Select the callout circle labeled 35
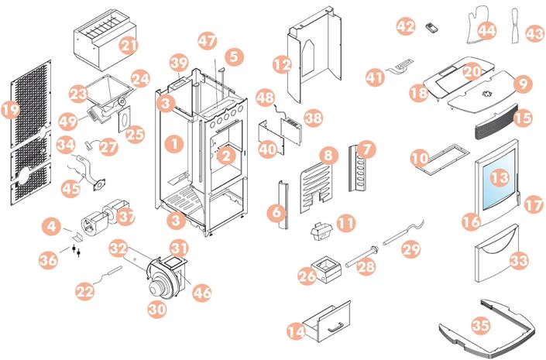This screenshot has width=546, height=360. [481, 327]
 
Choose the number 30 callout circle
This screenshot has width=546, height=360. [157, 308]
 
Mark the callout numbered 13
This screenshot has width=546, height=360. [500, 179]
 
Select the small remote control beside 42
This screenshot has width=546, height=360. [431, 28]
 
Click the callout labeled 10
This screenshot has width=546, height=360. [420, 158]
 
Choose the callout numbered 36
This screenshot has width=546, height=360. [48, 260]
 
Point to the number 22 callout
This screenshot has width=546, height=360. [85, 291]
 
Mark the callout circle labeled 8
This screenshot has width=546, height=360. [328, 156]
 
